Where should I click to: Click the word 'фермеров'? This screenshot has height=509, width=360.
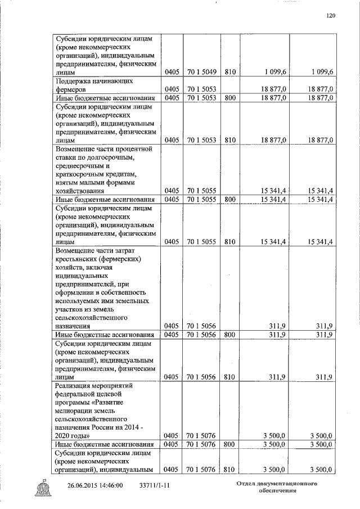(70, 89)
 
